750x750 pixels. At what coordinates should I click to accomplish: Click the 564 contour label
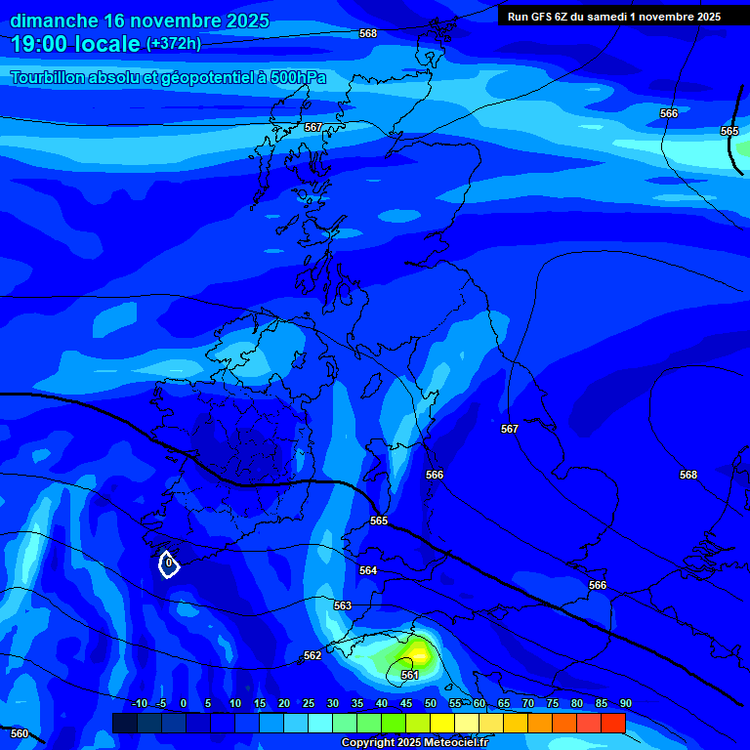368,570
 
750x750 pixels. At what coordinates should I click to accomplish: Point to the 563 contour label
343,605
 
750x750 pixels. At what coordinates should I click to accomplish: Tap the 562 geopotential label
312,655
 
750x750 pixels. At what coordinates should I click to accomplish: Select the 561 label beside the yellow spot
410,675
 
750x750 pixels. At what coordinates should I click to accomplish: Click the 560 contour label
20,733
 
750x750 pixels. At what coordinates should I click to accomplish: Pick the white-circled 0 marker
169,563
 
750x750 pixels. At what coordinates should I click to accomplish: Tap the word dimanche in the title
55,21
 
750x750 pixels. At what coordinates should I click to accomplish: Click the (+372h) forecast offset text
174,44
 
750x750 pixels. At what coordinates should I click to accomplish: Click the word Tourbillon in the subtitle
49,78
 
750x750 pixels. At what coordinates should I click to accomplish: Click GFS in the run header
545,17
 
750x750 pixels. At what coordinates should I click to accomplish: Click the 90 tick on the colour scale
625,703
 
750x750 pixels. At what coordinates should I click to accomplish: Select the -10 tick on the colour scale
139,703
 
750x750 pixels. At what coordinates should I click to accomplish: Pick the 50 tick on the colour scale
431,703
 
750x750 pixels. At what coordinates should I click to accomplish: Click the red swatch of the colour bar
612,723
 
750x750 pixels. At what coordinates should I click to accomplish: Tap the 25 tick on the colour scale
309,703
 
